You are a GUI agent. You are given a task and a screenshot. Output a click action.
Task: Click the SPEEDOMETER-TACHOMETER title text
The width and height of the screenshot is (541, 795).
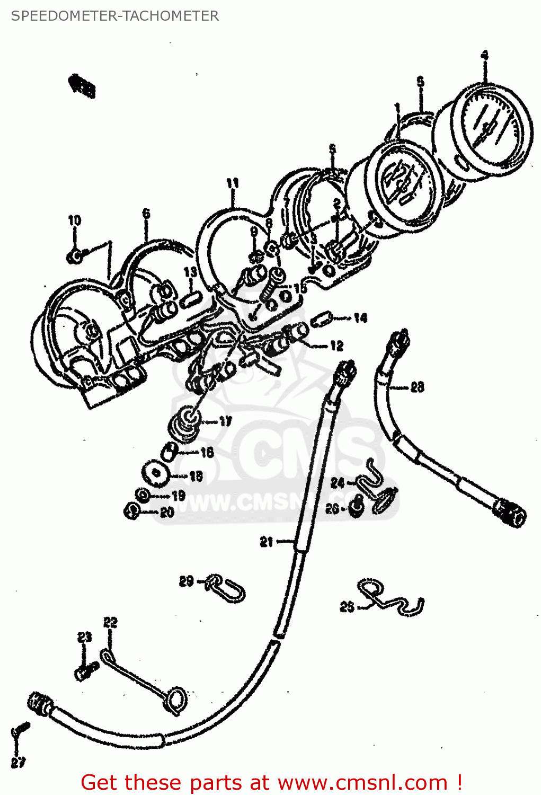(114, 16)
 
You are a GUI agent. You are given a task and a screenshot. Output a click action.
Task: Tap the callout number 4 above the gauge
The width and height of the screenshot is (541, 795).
(484, 55)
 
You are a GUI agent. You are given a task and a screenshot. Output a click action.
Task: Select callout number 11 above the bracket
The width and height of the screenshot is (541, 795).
(232, 183)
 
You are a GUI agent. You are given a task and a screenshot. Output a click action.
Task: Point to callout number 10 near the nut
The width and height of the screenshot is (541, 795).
(74, 220)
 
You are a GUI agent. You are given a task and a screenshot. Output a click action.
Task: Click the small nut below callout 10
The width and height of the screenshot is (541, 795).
(74, 257)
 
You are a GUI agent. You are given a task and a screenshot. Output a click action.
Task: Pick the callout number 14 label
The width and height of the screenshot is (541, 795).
(360, 318)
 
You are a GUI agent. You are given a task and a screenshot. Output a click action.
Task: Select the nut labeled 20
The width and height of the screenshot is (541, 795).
(132, 511)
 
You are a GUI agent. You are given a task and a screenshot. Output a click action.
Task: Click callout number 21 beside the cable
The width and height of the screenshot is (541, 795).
(266, 542)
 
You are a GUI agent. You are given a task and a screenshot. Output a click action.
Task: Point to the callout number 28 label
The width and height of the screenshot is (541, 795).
(417, 387)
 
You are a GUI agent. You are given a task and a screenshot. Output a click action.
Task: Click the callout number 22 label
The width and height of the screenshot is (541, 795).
(110, 622)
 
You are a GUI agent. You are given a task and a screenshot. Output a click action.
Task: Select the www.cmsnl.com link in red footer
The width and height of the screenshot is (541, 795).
(362, 782)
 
